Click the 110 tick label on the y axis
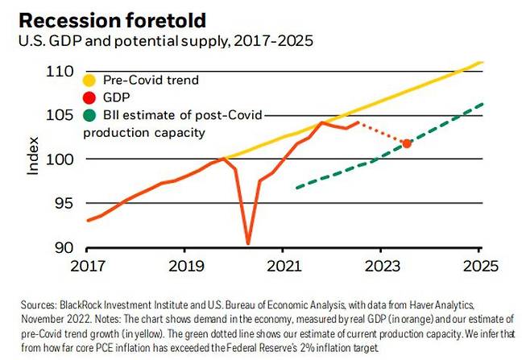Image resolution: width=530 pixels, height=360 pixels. [x=60, y=72]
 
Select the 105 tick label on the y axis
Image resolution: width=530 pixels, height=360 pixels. [x=60, y=115]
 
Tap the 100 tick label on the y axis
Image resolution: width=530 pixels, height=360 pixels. [x=60, y=159]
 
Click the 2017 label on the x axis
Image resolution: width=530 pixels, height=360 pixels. [x=86, y=266]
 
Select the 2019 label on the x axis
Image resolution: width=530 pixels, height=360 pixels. [x=184, y=266]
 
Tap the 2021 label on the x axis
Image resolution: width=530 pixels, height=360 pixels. [x=283, y=266]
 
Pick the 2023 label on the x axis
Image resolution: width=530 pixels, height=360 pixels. [x=381, y=266]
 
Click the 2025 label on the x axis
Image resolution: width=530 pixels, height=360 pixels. [x=479, y=266]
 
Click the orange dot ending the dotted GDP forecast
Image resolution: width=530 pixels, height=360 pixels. [x=407, y=143]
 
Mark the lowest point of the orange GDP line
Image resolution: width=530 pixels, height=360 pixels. [x=248, y=242]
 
